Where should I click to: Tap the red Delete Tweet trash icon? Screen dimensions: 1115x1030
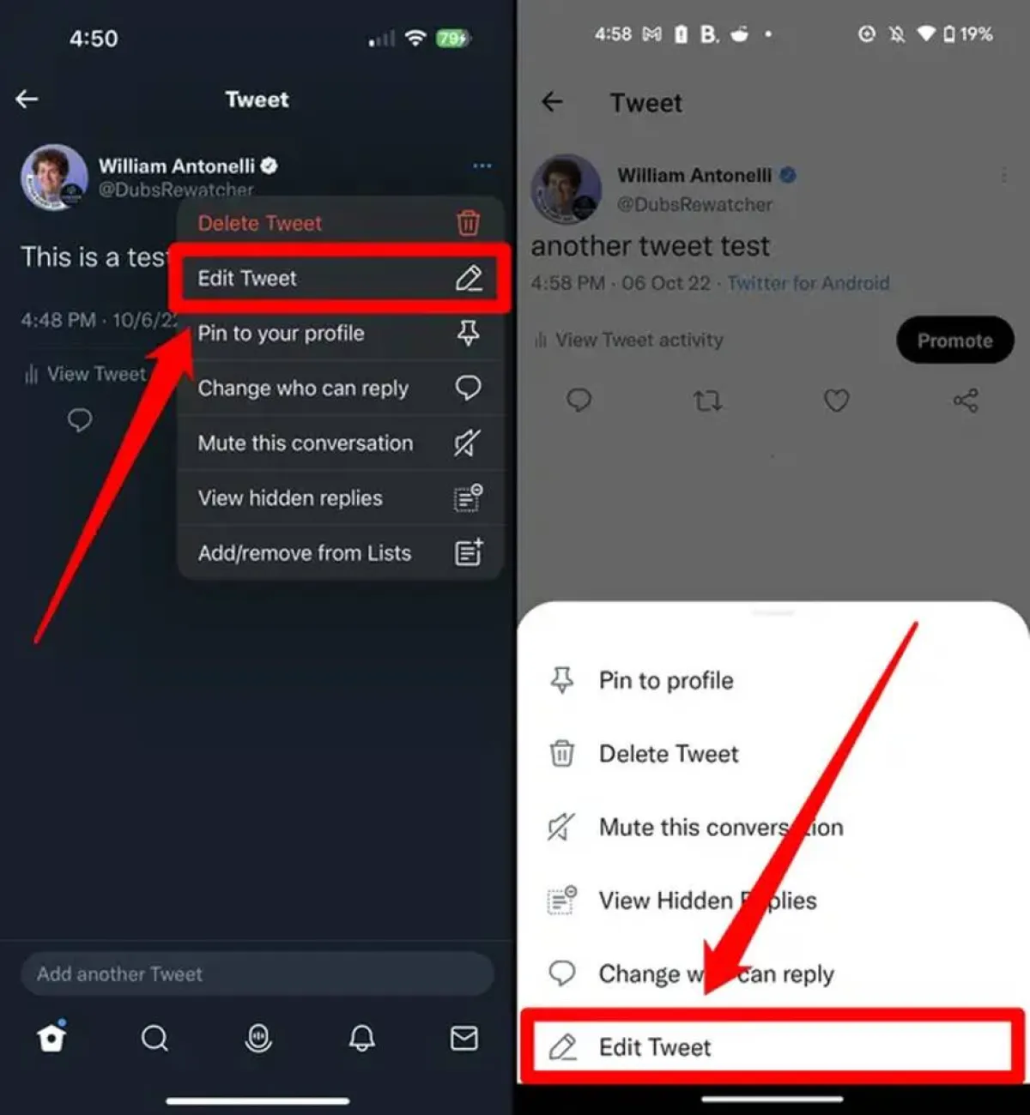468,223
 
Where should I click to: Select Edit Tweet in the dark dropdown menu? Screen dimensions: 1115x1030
339,278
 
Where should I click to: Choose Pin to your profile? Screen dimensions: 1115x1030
339,333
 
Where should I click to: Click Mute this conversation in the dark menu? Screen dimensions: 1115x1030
339,443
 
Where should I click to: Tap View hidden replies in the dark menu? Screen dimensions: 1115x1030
339,498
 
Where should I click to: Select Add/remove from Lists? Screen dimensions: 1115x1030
339,553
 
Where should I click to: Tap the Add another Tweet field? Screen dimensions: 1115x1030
257,973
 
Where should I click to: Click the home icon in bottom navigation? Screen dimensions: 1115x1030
51,1038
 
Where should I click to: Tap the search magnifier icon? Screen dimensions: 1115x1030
154,1039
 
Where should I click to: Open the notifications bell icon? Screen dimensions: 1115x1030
361,1038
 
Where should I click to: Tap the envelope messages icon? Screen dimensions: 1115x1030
464,1038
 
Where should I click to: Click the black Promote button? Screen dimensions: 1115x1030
954,341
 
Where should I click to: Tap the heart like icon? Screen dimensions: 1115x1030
836,401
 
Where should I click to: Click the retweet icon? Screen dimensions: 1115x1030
707,401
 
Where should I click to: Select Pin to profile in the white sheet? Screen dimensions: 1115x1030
666,680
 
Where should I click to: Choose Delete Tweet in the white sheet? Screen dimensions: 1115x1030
668,754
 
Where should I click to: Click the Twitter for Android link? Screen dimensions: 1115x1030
808,283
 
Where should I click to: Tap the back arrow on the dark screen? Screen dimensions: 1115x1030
27,99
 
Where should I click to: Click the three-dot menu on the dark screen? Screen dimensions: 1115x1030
482,166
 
